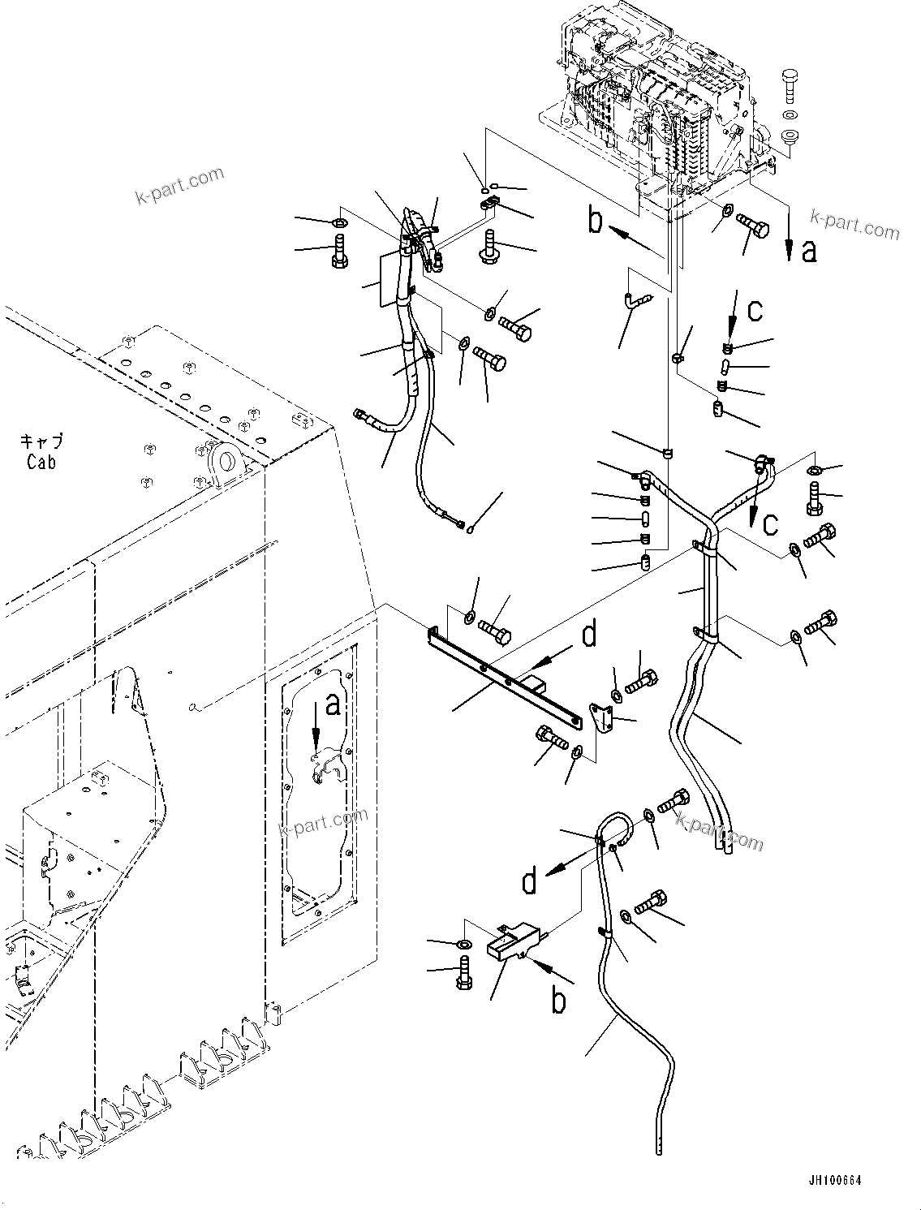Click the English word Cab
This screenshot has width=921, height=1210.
point(41,462)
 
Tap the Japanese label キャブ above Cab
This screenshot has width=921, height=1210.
point(41,441)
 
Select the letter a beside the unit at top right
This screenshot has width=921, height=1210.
point(808,251)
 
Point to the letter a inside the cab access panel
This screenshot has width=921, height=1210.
point(332,707)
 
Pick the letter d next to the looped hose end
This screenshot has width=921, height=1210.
point(529,881)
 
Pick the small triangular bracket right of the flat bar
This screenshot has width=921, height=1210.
point(600,718)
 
